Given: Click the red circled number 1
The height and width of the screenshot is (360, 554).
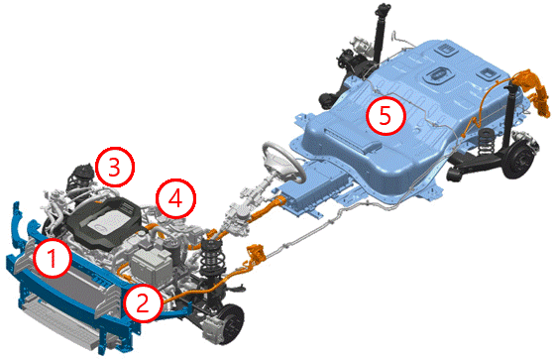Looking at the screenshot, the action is (x=53, y=258).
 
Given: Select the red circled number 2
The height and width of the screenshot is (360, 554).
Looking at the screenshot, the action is (x=143, y=303).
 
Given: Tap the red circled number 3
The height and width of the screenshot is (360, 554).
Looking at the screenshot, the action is (x=115, y=167).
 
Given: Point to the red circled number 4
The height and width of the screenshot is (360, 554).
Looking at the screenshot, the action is (x=176, y=198).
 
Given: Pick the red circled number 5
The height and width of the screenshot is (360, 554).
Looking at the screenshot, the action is (x=386, y=116).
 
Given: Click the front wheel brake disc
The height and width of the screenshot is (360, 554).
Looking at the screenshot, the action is (x=232, y=322).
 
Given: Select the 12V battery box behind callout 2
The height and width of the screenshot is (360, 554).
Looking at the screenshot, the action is (x=151, y=265).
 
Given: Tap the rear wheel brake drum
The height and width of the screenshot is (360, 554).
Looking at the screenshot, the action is (x=518, y=160).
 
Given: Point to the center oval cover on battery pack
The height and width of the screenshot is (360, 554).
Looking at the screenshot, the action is (x=438, y=75).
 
